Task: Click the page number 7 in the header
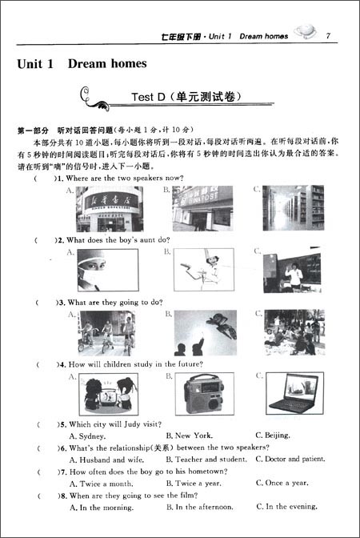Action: (x=328, y=36)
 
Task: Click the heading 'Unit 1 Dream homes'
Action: (x=82, y=63)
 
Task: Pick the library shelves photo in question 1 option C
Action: (x=294, y=208)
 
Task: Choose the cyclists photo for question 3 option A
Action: (x=106, y=332)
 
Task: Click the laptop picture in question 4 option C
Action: (x=294, y=393)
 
